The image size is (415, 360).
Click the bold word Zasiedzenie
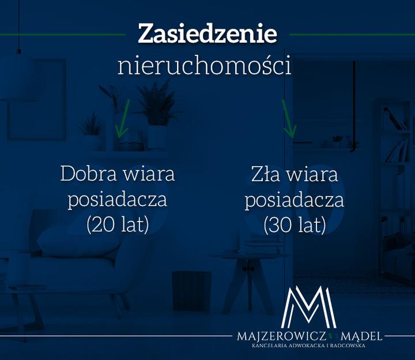(207, 34)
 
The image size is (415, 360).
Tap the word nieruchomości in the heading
(204, 66)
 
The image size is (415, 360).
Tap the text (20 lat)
(118, 224)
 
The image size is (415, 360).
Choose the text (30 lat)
(295, 224)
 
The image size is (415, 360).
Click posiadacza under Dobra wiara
(118, 200)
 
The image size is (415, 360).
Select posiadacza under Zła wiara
(295, 200)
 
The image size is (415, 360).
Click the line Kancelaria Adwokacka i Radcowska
(309, 346)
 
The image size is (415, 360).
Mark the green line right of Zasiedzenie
(352, 35)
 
